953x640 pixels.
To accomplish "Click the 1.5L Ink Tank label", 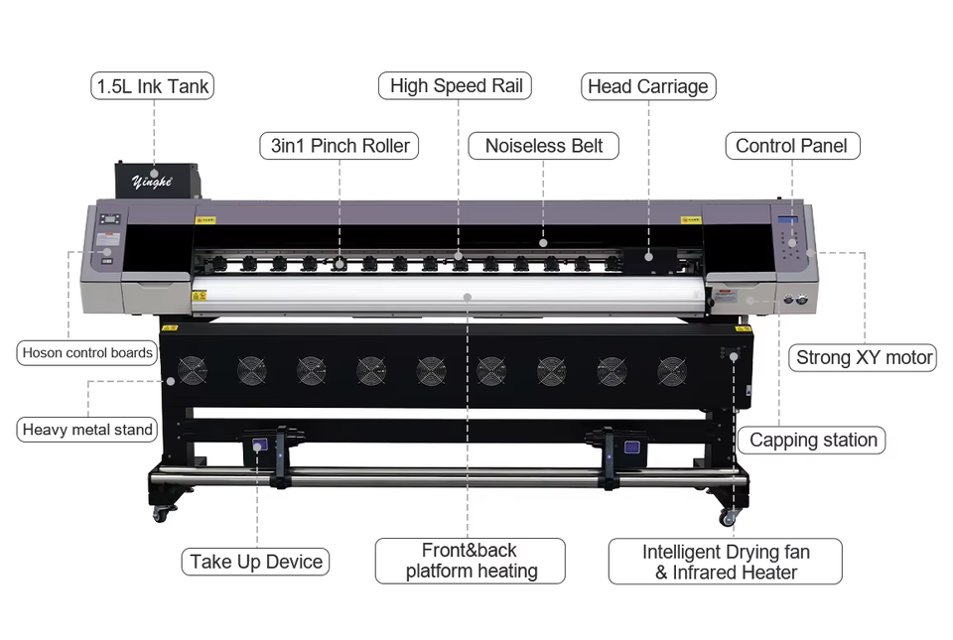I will tap(152, 86).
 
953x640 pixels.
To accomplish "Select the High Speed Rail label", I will tap(456, 86).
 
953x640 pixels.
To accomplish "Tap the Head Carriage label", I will tap(648, 86).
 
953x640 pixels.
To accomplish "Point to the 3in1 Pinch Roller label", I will tap(340, 146).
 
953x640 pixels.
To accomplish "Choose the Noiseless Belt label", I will tap(544, 146).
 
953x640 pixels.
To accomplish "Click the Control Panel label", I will tap(791, 146).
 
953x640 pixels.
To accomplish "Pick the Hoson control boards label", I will tap(87, 352).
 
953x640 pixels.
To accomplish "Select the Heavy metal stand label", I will tap(87, 430).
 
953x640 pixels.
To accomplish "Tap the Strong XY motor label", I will tap(865, 358).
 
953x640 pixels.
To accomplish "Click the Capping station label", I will tap(813, 440).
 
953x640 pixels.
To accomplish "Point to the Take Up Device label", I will tap(256, 562).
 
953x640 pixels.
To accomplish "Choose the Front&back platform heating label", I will tap(471, 561).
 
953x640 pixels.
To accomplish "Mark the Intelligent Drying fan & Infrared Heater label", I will tap(726, 562).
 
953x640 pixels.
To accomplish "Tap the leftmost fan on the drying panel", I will tap(192, 371).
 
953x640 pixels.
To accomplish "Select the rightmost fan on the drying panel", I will tap(673, 371).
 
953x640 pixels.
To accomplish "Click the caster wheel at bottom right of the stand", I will tap(730, 516).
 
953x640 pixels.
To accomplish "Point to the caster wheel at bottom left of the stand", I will tap(162, 513).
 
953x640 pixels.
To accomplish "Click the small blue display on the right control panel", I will tap(788, 219).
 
